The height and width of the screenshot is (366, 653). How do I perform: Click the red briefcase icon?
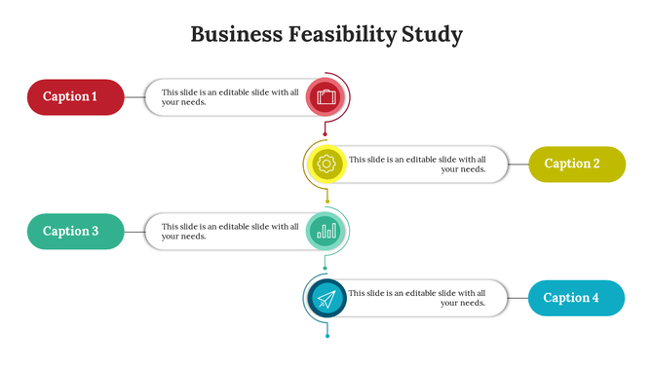click(x=326, y=96)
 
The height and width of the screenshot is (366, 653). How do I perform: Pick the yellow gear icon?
click(x=326, y=164)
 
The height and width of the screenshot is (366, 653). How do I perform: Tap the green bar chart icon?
click(x=326, y=231)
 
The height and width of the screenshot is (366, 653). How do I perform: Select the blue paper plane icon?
click(x=326, y=298)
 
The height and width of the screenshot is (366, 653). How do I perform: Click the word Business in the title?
click(x=235, y=35)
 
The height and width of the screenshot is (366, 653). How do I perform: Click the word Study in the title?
click(x=432, y=35)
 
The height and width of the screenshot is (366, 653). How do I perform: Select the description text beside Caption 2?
click(x=417, y=164)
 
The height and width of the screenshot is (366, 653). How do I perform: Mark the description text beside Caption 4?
click(x=417, y=298)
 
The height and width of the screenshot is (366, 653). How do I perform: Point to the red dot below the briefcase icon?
click(x=326, y=134)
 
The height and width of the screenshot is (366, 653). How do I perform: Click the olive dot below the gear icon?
click(x=327, y=201)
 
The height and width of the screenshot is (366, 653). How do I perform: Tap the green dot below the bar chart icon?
click(x=326, y=269)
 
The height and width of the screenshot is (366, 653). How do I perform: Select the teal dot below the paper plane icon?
click(x=327, y=336)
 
